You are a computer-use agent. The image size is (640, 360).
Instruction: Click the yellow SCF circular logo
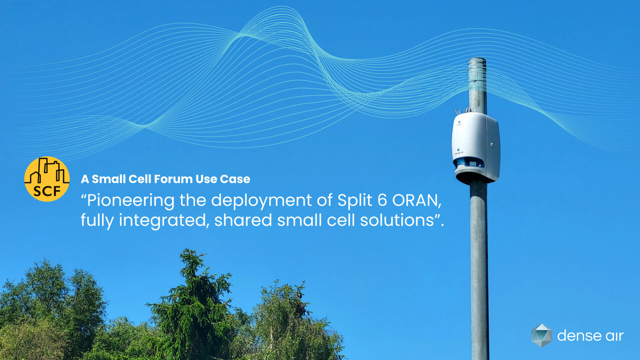47,179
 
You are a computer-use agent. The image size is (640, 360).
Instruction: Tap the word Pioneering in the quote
130,201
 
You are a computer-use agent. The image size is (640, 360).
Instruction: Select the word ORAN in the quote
417,201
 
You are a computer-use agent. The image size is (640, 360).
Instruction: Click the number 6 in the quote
382,200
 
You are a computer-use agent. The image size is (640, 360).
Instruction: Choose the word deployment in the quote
261,201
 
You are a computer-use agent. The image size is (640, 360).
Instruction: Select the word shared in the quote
243,220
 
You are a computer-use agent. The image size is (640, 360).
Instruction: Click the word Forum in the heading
173,179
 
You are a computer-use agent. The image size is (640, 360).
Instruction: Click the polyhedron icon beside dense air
541,335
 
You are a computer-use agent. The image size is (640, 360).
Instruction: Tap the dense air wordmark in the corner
590,336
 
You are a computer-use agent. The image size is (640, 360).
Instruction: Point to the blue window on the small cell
469,162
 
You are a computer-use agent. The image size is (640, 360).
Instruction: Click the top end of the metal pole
477,59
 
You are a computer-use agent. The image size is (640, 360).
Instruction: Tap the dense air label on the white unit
459,153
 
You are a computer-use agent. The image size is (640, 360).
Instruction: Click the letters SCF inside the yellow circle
47,191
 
